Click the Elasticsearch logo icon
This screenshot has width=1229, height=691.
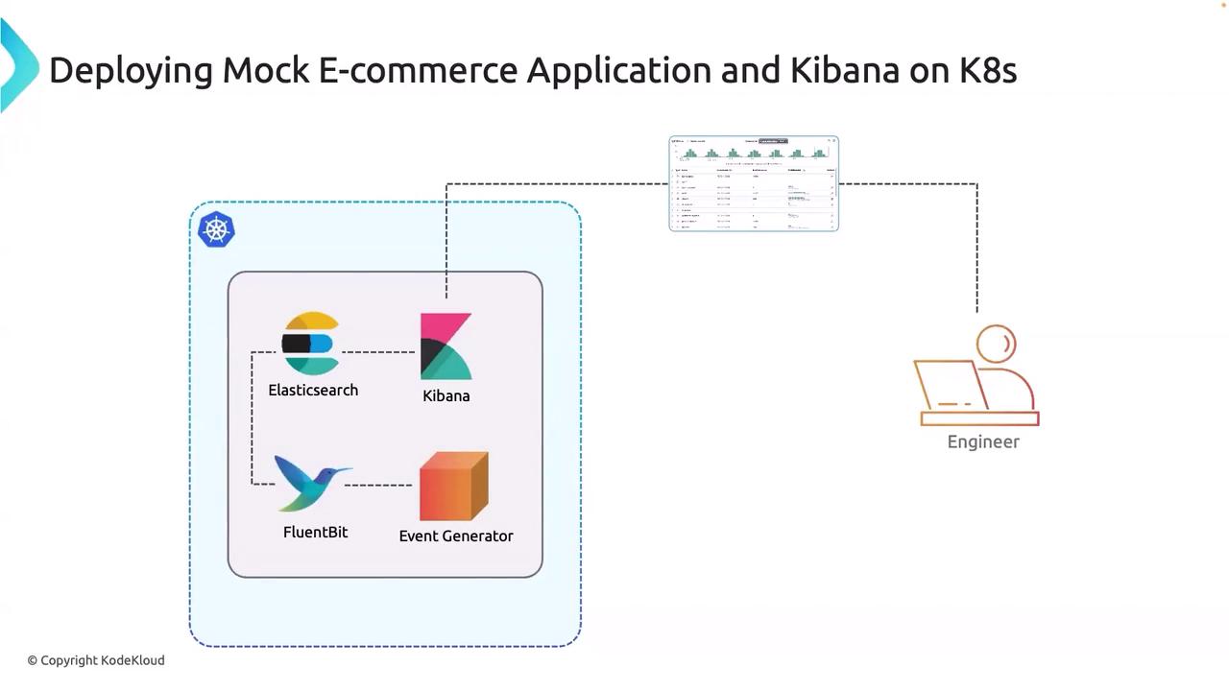310,344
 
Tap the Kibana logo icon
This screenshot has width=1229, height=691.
446,346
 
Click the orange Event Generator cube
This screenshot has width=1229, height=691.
454,486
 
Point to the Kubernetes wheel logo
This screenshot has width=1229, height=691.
216,230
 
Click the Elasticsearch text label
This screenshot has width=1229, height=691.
313,390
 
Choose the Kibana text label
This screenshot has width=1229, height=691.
446,395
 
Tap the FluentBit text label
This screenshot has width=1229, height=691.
315,532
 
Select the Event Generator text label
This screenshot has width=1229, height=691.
456,536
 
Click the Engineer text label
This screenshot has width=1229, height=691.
983,441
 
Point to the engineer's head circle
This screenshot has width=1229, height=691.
997,344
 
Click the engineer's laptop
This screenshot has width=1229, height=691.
952,386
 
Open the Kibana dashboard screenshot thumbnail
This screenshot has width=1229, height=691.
754,183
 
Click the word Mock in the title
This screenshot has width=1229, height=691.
265,70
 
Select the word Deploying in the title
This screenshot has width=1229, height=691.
131,70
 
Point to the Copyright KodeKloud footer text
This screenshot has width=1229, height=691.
96,660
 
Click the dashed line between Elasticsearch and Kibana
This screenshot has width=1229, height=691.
378,352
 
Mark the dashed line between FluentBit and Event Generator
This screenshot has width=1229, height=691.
378,485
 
